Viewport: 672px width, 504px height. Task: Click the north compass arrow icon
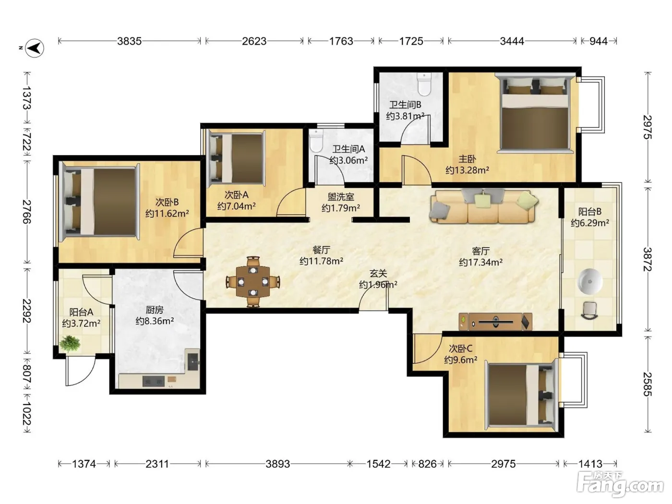coord(35,48)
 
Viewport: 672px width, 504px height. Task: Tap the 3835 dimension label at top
coord(130,41)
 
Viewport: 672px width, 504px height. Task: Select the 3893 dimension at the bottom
coord(277,464)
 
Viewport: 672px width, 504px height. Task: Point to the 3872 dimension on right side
coord(647,260)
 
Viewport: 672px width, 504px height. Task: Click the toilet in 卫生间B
coord(424,84)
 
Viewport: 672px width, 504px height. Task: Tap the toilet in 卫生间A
coord(316,141)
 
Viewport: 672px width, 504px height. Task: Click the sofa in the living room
coord(483,206)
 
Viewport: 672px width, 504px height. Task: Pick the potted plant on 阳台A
coord(70,344)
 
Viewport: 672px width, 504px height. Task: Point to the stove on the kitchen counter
coord(154,381)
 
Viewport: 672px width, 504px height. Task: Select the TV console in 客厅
coord(495,322)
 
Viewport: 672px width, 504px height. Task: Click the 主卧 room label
coord(467,159)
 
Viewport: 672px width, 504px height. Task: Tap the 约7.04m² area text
coord(236,206)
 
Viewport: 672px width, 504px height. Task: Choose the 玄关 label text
coord(378,273)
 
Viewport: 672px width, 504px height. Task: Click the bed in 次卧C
coord(521,395)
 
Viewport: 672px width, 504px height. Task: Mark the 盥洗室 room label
coord(341,197)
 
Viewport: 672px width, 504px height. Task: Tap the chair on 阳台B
coord(590,311)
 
